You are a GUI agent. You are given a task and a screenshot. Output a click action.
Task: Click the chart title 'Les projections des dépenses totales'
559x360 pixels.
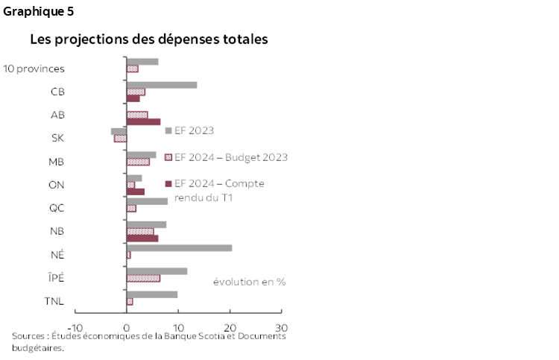tap(149, 39)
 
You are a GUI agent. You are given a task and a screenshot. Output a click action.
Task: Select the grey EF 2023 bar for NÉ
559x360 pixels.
tap(179, 247)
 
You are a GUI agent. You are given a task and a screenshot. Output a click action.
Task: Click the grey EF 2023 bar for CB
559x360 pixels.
tap(162, 84)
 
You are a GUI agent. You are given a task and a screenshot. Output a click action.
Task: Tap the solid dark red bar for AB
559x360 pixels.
tap(143, 121)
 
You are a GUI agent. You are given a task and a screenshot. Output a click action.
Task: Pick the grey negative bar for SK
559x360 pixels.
tap(119, 131)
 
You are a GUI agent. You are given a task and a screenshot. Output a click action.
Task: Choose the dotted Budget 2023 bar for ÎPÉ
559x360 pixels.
tap(143, 278)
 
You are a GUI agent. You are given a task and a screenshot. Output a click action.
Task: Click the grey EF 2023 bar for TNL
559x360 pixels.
tap(152, 294)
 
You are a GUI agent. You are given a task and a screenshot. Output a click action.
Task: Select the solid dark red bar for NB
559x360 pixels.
tap(142, 239)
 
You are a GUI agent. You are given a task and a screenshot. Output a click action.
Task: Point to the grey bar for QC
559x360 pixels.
tap(147, 201)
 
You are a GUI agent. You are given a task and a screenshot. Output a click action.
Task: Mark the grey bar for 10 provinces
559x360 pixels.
tap(142, 61)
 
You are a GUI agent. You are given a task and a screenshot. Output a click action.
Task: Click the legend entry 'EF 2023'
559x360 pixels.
tap(194, 130)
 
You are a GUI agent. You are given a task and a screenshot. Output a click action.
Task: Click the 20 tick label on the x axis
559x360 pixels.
tap(230, 327)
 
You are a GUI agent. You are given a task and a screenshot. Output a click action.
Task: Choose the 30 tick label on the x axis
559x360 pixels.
tap(282, 327)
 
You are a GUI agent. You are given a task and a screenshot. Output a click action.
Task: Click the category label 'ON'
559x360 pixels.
tap(57, 185)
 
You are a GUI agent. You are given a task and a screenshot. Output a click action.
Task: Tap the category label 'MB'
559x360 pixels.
tap(56, 162)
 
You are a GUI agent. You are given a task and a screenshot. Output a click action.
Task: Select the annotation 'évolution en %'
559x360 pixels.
tap(249, 282)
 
